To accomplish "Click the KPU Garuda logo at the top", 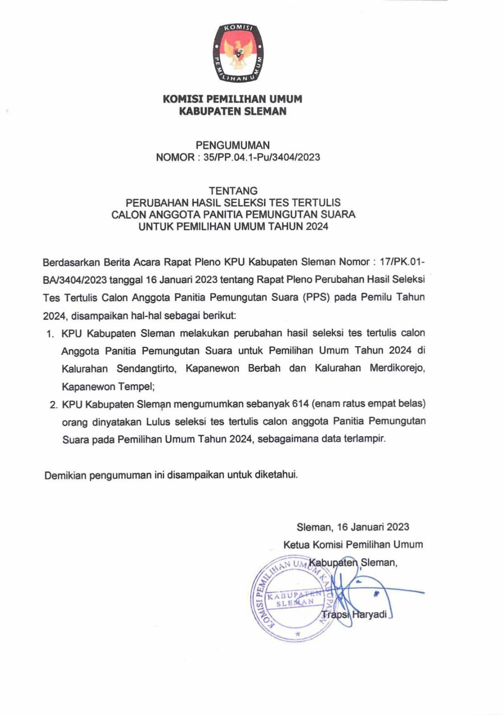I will click(237, 53).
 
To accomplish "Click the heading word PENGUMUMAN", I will click(233, 145).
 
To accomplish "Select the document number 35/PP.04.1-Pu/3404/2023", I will click(262, 157).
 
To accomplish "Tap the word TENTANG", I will click(233, 191).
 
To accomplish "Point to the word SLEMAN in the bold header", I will click(265, 111).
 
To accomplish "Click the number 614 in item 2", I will click(300, 404).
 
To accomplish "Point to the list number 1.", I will click(50, 334).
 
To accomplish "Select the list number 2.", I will click(54, 405).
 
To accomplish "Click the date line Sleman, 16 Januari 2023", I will click(353, 527).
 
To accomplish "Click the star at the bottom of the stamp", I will click(298, 634).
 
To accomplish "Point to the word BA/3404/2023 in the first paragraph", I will click(75, 280).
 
